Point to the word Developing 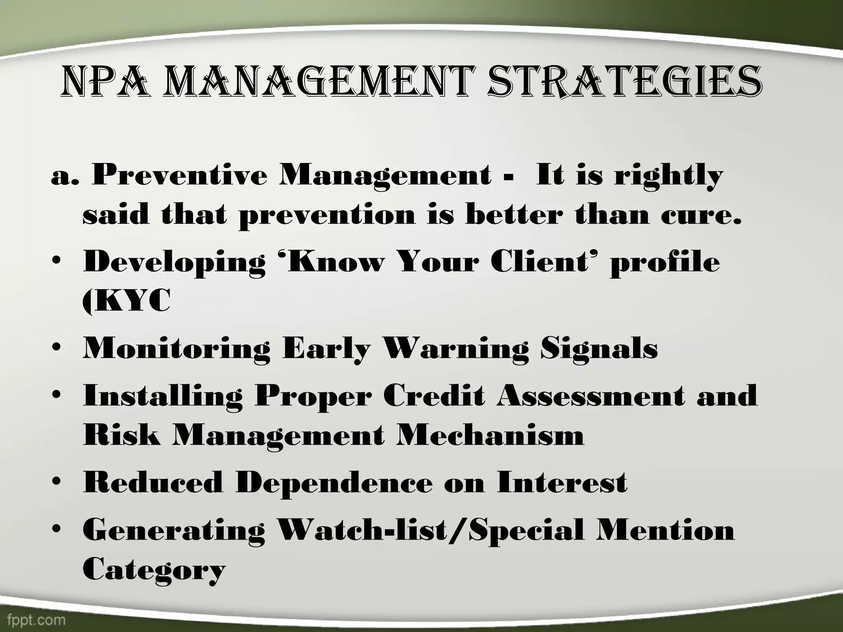coord(175,263)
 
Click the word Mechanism coord(490,435)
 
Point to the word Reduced coord(153,482)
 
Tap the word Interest coord(562,482)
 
